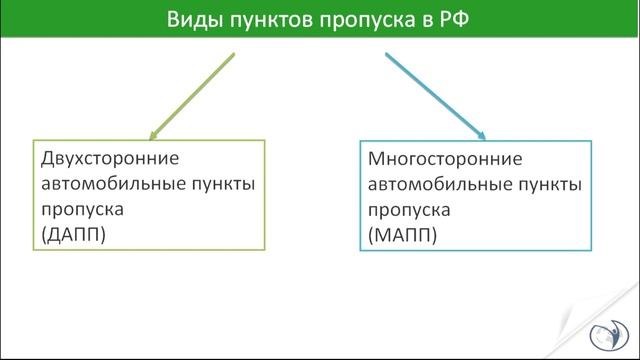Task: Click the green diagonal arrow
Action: tap(192, 95)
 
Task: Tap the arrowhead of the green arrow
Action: tap(154, 133)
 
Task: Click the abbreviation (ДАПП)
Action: tap(74, 237)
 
